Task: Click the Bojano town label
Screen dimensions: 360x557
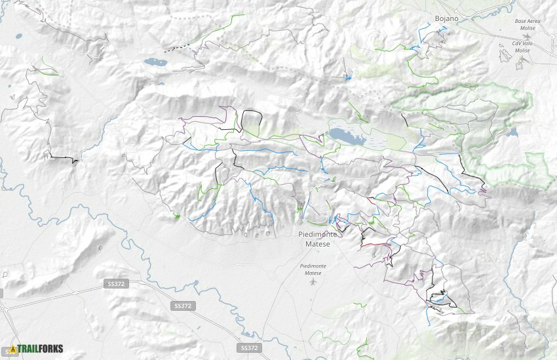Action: tap(446, 18)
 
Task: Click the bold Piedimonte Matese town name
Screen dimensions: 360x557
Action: tap(318, 239)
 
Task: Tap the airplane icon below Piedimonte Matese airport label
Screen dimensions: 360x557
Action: tap(313, 281)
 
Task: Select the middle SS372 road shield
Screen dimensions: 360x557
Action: tap(183, 306)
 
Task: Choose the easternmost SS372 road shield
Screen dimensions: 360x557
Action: tap(249, 348)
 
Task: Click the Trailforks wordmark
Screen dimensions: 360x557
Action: tap(41, 349)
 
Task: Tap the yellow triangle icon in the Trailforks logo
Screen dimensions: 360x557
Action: tap(13, 349)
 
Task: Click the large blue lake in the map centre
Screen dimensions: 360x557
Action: tap(345, 136)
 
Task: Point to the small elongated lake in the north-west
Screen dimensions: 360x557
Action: tap(155, 63)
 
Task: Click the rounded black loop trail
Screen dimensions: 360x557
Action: tap(252, 121)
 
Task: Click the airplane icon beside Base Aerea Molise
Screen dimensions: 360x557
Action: tap(505, 56)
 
